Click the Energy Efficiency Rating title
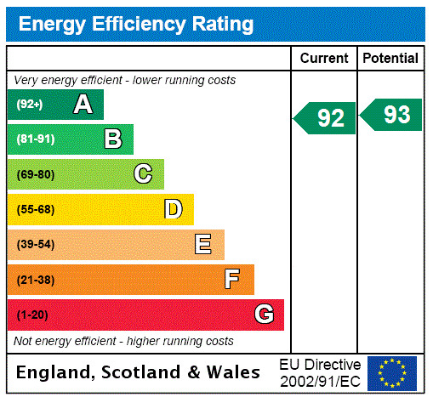pos(136,24)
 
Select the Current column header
pos(324,58)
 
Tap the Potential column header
pos(390,58)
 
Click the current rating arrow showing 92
pos(325,118)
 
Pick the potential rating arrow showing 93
pos(391,115)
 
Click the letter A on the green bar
pos(83,105)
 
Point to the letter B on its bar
pos(112,139)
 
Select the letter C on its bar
pos(143,174)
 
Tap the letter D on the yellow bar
pos(173,209)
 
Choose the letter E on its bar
pos(203,245)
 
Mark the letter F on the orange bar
pos(232,280)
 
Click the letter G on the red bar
pos(264,315)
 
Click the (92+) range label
pos(30,105)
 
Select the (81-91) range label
pos(35,139)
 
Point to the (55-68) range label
pos(35,209)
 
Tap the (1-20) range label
pos(32,315)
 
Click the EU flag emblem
pos(392,372)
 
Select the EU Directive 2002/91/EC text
pos(320,371)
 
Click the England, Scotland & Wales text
pos(139,372)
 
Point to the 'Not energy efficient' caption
pos(123,341)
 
